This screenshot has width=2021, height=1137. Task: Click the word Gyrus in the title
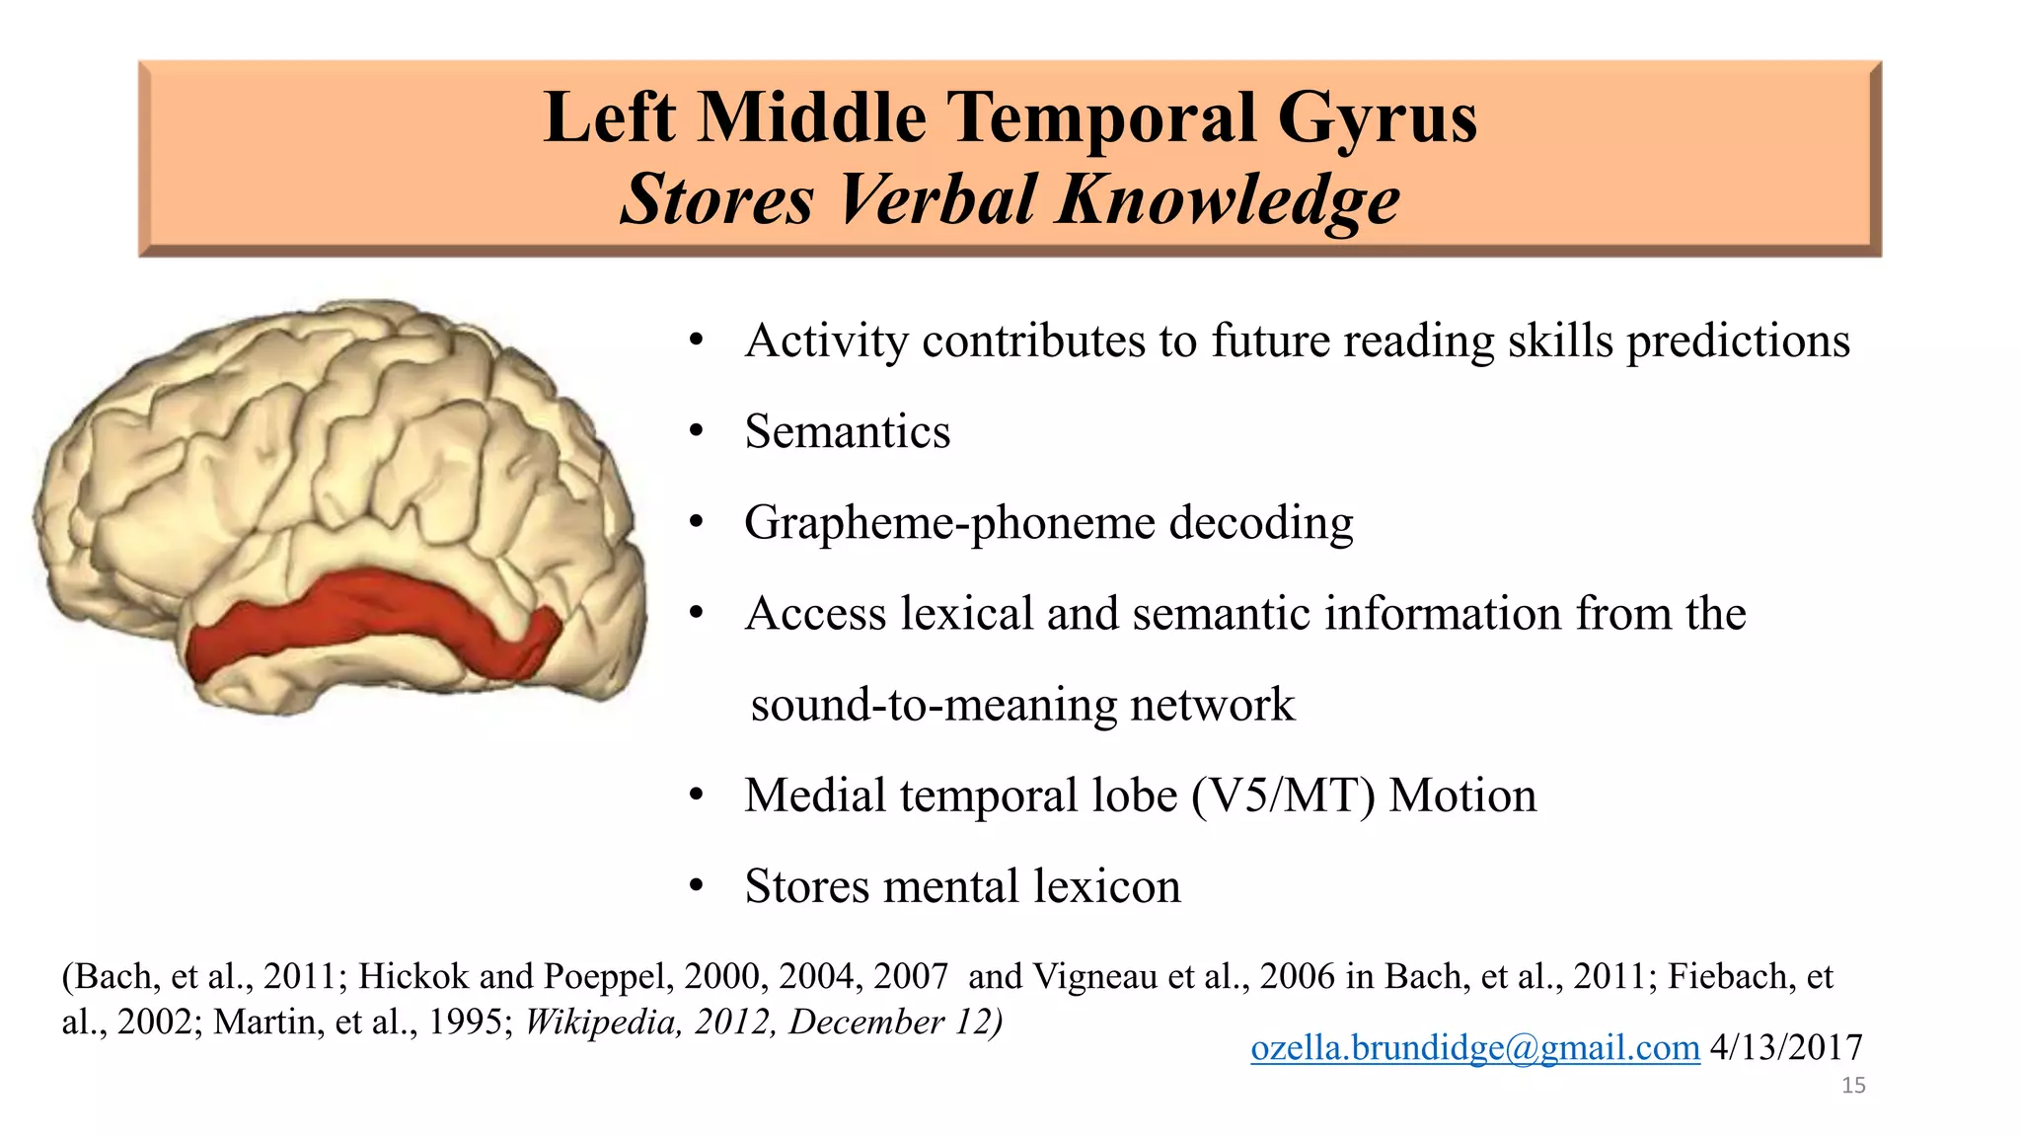click(x=1378, y=118)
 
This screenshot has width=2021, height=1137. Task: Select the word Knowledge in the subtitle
click(x=1228, y=199)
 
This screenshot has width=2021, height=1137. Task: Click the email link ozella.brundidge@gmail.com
click(x=1474, y=1047)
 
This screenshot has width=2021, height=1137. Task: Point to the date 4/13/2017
click(x=1786, y=1047)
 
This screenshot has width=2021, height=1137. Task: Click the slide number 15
click(x=1853, y=1086)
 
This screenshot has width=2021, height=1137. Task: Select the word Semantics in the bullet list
click(x=848, y=431)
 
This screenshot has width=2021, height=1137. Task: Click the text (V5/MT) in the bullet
click(x=1283, y=796)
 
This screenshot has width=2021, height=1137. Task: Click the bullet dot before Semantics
click(x=697, y=431)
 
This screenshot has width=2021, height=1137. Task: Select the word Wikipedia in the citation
click(x=603, y=1022)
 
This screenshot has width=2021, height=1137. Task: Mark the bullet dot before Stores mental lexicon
click(x=697, y=886)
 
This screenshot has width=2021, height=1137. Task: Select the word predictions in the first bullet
click(x=1738, y=341)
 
